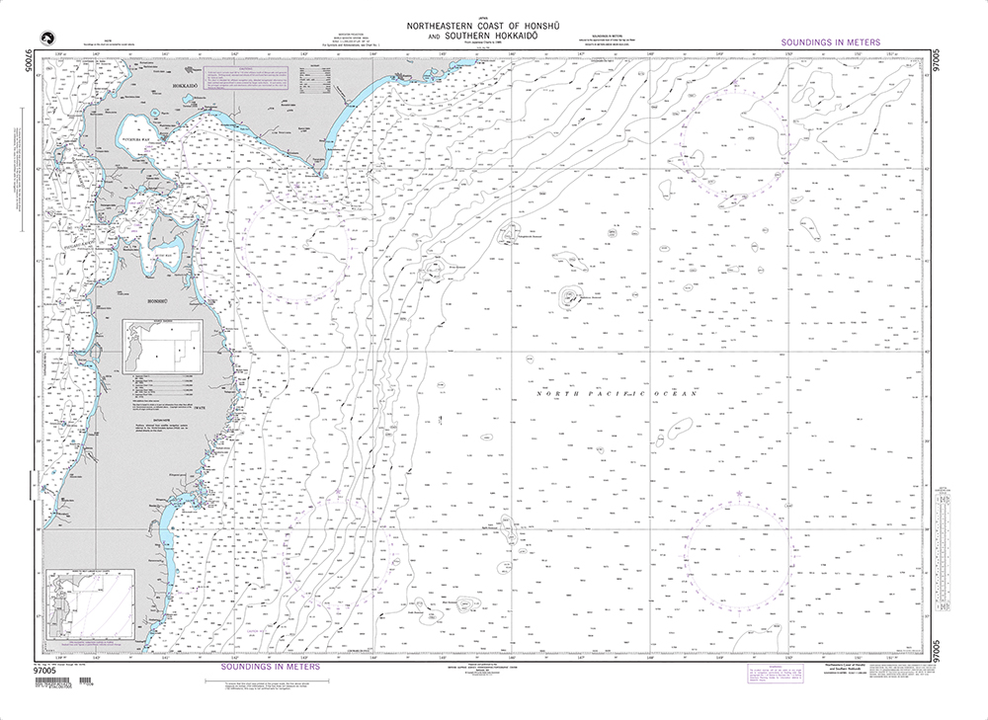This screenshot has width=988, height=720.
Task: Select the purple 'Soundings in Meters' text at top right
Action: (830, 43)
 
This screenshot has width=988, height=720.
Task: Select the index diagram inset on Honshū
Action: (161, 345)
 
